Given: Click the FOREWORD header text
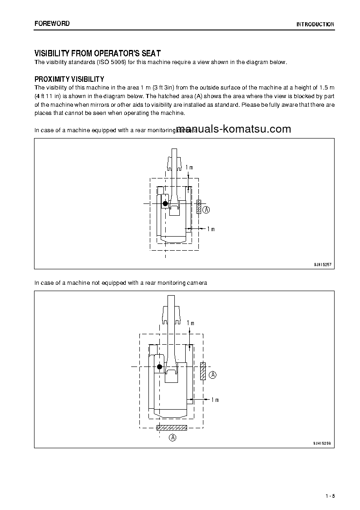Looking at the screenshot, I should pos(52,24).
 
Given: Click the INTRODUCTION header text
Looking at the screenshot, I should pos(315,25).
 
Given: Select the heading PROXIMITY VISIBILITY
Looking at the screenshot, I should pos(69,79).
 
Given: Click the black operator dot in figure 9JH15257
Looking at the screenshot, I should pos(165,204).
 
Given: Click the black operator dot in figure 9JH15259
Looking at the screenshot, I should pos(159,366).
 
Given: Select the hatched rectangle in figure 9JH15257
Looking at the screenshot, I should pos(198,207).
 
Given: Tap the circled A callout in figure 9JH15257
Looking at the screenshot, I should pos(206,210).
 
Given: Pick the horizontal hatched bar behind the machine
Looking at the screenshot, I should pos(172,427).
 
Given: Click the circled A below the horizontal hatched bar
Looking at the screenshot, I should pos(172,438).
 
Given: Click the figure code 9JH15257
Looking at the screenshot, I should pos(323,264).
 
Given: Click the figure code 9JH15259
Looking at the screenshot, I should pos(323,442).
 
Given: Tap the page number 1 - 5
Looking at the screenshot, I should pos(330,496).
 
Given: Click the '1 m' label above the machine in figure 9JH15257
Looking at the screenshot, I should pos(189,168).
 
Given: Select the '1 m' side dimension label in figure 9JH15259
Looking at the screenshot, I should pos(215,400).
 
